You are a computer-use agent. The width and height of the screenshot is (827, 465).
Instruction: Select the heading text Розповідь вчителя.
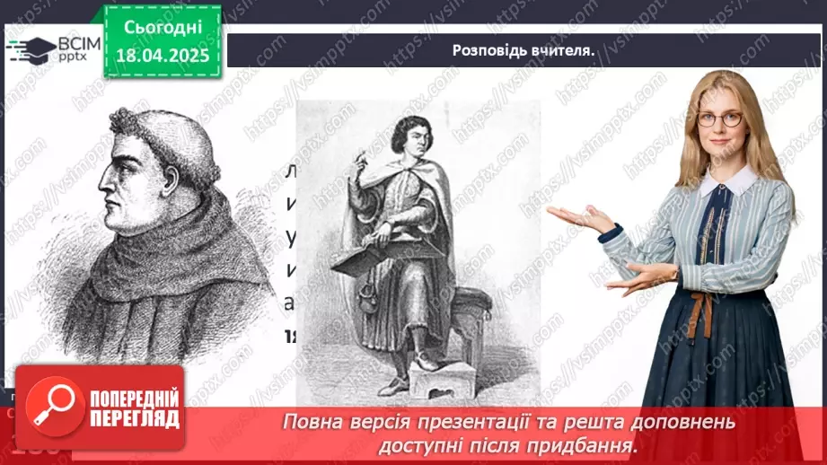(x=523, y=50)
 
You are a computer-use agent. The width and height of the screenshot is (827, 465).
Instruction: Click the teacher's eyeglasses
(x=718, y=118)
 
